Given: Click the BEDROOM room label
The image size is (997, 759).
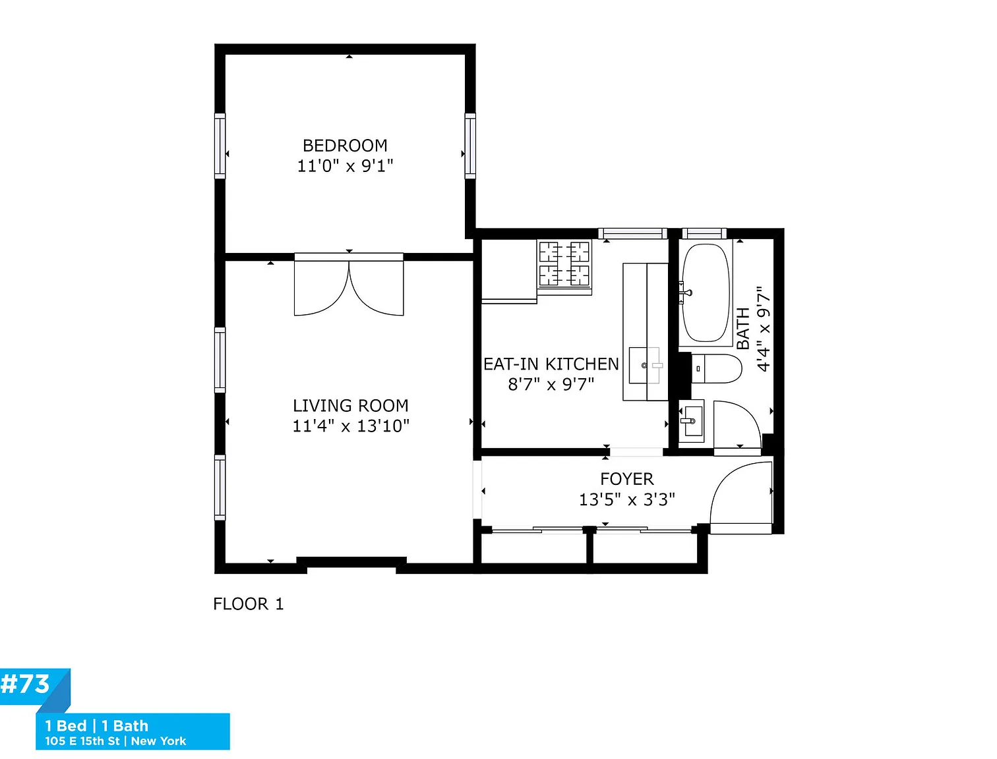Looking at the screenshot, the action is (345, 146).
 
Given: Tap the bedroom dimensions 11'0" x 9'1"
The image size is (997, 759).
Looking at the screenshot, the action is (345, 166).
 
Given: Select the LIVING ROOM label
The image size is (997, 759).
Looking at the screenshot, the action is (350, 405).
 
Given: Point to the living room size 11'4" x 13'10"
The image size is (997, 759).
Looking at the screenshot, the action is (351, 426).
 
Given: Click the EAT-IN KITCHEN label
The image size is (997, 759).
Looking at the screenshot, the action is (551, 364).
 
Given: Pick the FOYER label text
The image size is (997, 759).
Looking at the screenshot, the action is (627, 478).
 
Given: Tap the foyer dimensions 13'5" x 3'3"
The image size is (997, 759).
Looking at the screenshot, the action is (627, 499).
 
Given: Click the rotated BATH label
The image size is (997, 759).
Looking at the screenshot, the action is (743, 328).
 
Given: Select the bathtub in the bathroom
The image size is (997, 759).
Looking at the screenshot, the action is (706, 293).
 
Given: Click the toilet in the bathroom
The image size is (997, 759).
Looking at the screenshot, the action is (716, 368).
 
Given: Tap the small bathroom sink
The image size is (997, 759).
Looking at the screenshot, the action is (691, 420).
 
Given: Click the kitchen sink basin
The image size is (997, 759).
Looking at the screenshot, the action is (644, 365).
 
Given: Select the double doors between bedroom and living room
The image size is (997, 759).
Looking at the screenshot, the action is (349, 285).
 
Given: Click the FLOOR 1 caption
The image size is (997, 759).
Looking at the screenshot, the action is (249, 604).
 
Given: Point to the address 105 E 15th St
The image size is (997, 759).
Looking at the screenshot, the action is (82, 741).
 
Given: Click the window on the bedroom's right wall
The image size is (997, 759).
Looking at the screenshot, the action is (470, 146).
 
